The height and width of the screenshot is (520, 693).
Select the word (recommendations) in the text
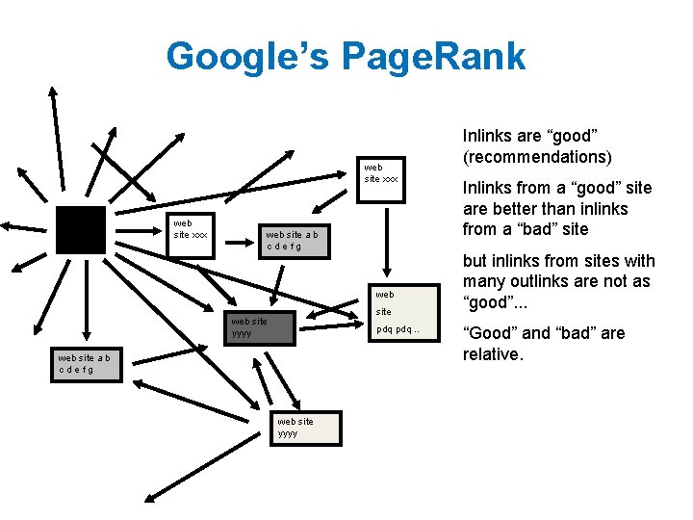point(536,157)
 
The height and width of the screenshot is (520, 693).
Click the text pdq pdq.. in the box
point(398,329)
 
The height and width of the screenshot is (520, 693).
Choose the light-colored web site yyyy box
point(305,428)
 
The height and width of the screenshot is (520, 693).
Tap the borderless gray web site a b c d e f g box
point(296,240)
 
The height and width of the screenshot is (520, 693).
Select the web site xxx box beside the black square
point(192,230)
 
